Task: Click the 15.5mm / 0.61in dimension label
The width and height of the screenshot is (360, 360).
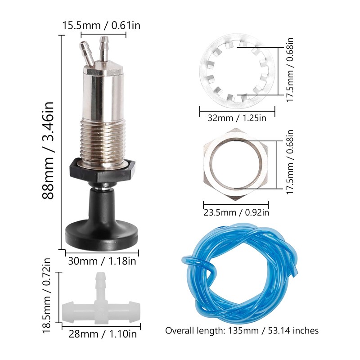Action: [101, 25]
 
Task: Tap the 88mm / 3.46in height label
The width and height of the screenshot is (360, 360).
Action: [48, 150]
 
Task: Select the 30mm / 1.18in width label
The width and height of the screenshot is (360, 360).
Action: [102, 261]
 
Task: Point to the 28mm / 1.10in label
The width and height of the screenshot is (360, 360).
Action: [103, 333]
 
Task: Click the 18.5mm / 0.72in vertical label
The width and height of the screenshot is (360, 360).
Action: [46, 295]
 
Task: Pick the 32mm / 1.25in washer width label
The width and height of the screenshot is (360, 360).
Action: [237, 118]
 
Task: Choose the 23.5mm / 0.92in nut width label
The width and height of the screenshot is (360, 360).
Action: [236, 212]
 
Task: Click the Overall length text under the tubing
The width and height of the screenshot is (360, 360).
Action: [242, 331]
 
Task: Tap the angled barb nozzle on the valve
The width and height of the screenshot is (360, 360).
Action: [86, 53]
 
